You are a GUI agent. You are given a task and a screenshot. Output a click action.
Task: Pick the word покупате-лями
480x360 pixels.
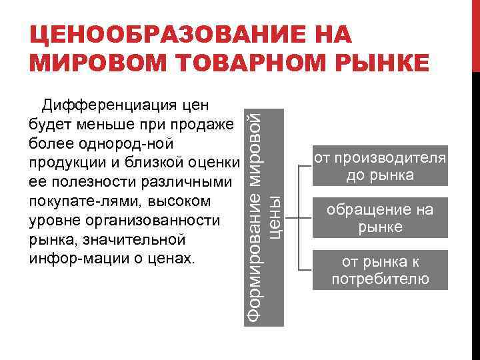point(73,201)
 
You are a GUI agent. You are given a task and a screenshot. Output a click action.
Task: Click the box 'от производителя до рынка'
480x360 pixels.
point(380,167)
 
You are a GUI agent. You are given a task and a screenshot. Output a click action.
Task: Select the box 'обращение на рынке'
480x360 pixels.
point(380,219)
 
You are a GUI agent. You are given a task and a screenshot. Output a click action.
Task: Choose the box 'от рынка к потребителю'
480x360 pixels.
point(380,270)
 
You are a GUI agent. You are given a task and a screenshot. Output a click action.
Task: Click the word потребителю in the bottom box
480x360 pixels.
point(380,279)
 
